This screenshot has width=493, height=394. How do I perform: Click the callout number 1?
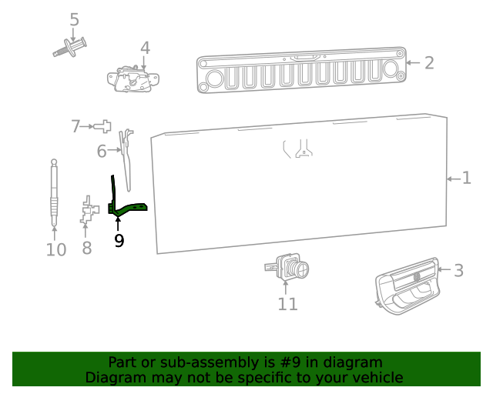pyautogui.click(x=466, y=179)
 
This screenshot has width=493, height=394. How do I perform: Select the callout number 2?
pyautogui.click(x=429, y=63)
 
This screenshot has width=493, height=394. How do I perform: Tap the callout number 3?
pyautogui.click(x=458, y=270)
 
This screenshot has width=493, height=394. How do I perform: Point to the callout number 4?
pyautogui.click(x=145, y=48)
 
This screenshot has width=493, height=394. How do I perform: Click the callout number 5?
pyautogui.click(x=74, y=19)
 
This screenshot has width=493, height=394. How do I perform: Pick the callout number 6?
pyautogui.click(x=102, y=152)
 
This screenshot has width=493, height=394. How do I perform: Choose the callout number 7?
pyautogui.click(x=75, y=126)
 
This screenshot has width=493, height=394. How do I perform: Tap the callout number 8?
pyautogui.click(x=86, y=248)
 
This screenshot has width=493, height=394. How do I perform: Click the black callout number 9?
pyautogui.click(x=119, y=241)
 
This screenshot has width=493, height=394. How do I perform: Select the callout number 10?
pyautogui.click(x=56, y=249)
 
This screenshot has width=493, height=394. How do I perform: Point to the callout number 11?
pyautogui.click(x=287, y=304)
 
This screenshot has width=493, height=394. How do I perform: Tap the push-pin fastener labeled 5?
pyautogui.click(x=69, y=48)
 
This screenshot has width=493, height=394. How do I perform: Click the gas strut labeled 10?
pyautogui.click(x=54, y=192)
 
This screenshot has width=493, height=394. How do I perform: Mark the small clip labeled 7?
pyautogui.click(x=104, y=125)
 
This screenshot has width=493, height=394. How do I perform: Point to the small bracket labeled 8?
pyautogui.click(x=89, y=211)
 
